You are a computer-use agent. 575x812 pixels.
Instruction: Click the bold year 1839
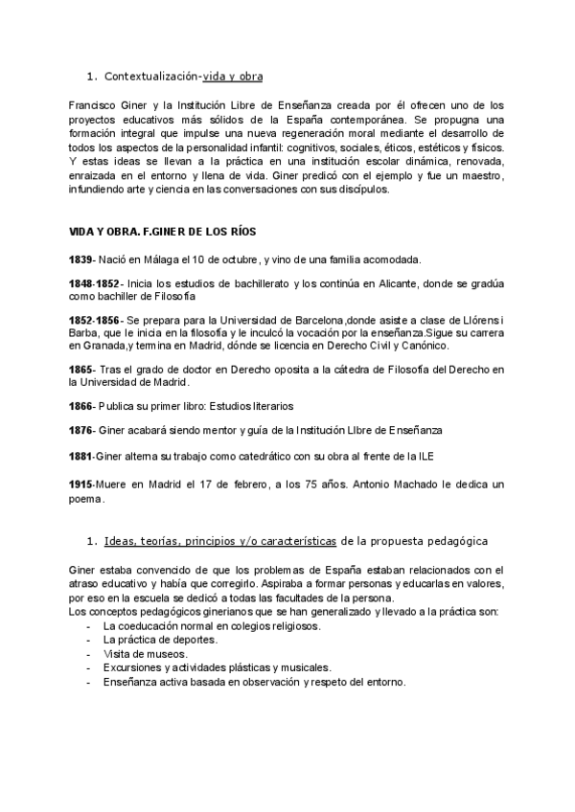point(81,259)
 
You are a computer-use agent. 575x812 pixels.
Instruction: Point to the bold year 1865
point(81,370)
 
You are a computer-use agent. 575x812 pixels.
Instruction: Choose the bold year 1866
point(81,406)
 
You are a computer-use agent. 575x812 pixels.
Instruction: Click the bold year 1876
point(81,431)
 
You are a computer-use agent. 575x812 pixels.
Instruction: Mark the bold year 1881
point(81,456)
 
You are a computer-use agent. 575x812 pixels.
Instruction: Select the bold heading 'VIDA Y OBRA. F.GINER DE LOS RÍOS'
point(163,233)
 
